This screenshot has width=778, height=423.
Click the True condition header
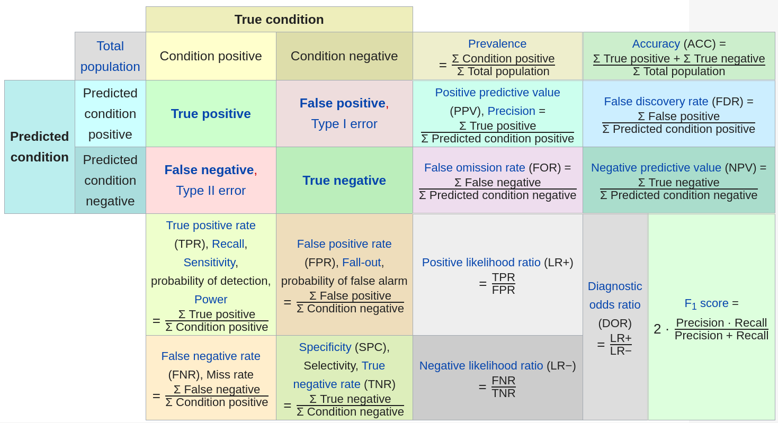pyautogui.click(x=279, y=20)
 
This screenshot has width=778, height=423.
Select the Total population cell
pyautogui.click(x=110, y=56)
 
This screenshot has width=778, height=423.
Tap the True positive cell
pyautogui.click(x=211, y=114)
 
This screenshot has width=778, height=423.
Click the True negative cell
pyautogui.click(x=344, y=181)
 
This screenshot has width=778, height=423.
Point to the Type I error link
pyautogui.click(x=344, y=124)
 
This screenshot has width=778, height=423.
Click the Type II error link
pyautogui.click(x=211, y=191)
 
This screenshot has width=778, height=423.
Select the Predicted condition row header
pyautogui.click(x=40, y=147)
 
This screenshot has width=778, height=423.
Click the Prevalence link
pyautogui.click(x=497, y=44)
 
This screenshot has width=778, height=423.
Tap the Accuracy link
pyautogui.click(x=656, y=44)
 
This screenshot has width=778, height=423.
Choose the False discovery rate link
pyautogui.click(x=656, y=102)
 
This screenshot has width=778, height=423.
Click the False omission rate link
pyautogui.click(x=475, y=168)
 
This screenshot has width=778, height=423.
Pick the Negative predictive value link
pyautogui.click(x=656, y=168)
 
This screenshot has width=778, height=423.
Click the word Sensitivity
pyautogui.click(x=209, y=263)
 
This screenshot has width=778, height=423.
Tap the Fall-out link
pyautogui.click(x=361, y=263)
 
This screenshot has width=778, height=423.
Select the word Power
pyautogui.click(x=211, y=300)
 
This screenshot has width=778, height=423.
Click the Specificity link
pyautogui.click(x=325, y=347)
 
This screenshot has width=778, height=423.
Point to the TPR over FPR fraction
pyautogui.click(x=503, y=284)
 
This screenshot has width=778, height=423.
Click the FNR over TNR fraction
pyautogui.click(x=503, y=387)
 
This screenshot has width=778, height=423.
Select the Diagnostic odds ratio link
pyautogui.click(x=615, y=295)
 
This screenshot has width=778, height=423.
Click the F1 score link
pyautogui.click(x=706, y=304)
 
